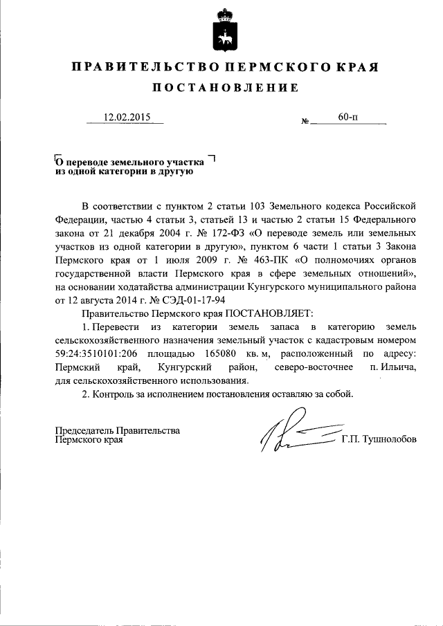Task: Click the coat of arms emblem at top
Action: click(222, 30)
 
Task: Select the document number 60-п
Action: click(348, 117)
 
